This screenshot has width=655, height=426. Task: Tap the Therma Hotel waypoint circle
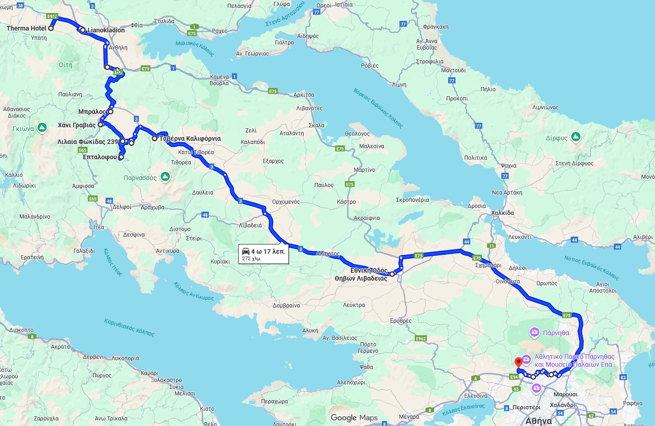coord(51,28)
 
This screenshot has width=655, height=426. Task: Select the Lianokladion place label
coord(106,30)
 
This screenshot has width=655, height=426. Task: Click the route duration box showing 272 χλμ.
coord(264,254)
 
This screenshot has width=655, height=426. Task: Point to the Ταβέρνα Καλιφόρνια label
coord(190,138)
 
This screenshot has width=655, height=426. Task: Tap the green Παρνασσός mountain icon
coord(165,176)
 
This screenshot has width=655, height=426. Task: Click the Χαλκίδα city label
coord(502,213)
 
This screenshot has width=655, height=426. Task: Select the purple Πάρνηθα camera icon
coord(535,332)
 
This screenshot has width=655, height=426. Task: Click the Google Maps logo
coord(354,418)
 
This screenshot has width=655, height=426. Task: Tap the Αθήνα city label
coord(538,421)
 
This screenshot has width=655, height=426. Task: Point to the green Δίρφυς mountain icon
coord(576,137)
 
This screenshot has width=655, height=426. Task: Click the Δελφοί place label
coord(122,207)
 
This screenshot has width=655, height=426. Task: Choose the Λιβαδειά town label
coord(250,226)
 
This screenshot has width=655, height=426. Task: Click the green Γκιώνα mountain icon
coord(42,127)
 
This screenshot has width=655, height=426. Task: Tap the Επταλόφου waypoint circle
coord(121,157)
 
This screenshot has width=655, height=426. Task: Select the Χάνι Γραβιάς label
coord(76,125)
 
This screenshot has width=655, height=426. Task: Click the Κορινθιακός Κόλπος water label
coord(129,327)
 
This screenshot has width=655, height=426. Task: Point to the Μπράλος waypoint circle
coord(111,112)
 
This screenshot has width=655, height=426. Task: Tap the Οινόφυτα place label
coord(508,282)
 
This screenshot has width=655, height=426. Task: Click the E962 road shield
coord(420,338)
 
